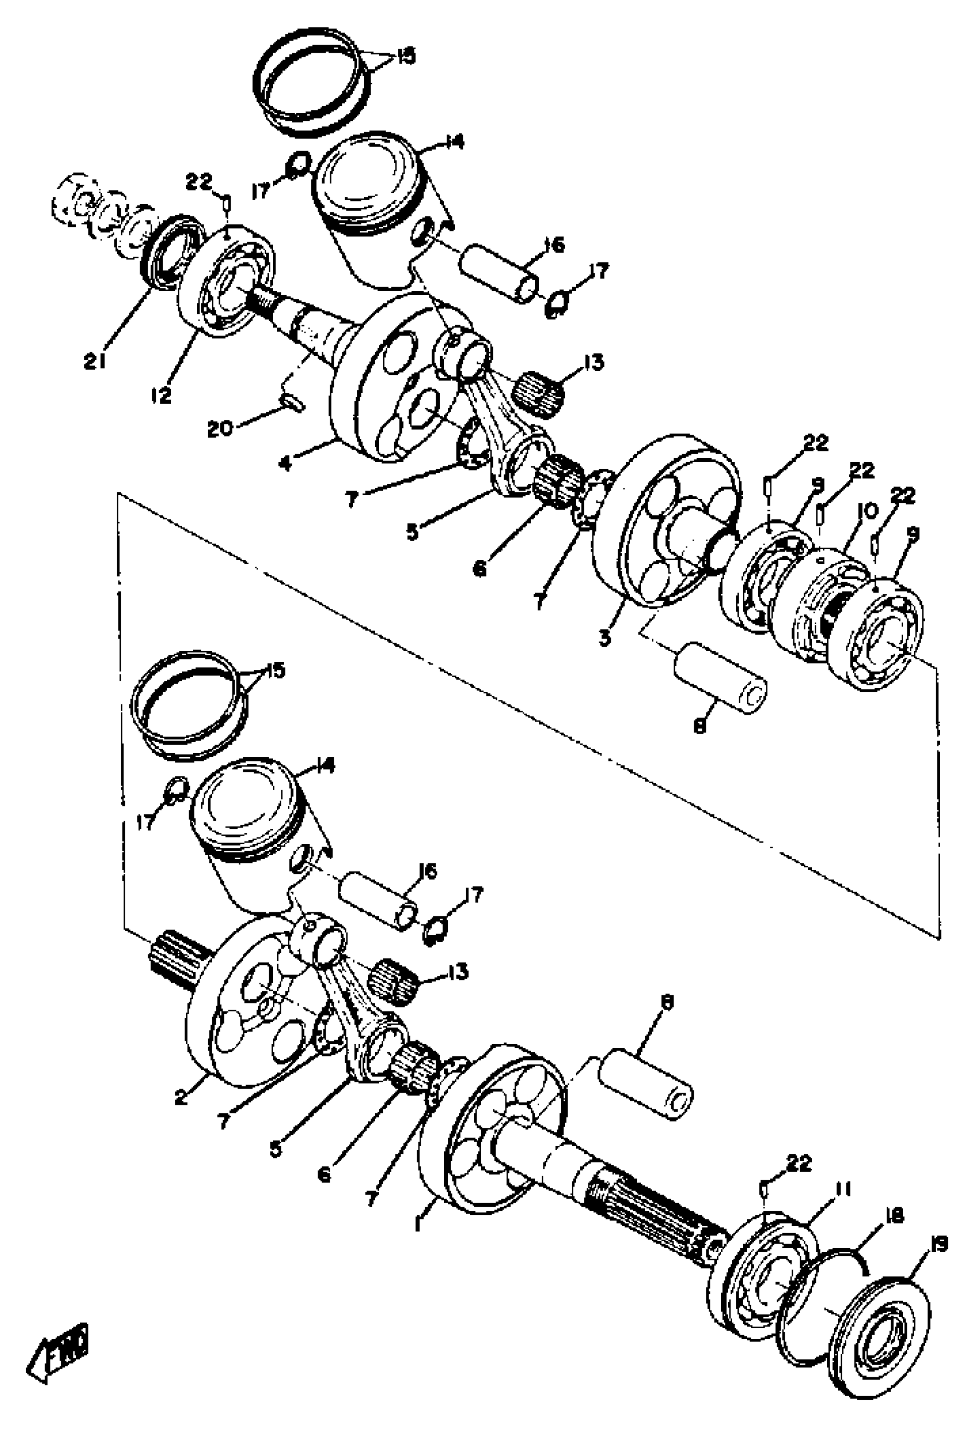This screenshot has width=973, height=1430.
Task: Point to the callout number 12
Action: point(161,395)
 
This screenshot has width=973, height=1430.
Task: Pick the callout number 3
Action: point(605,637)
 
